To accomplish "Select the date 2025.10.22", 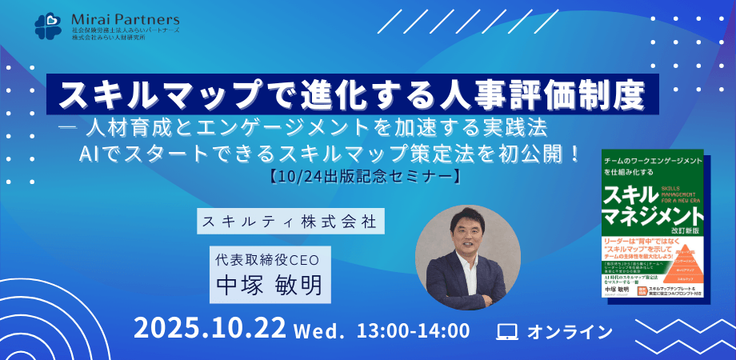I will (210, 330).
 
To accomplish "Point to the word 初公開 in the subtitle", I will (529, 150).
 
